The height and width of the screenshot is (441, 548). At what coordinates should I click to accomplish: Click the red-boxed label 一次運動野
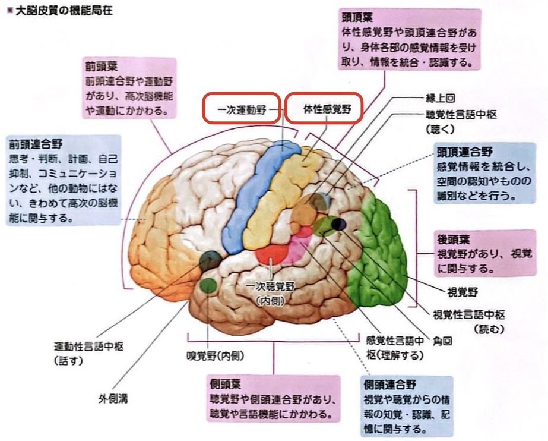pyautogui.click(x=240, y=109)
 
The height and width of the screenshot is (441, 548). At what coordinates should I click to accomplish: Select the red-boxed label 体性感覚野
pyautogui.click(x=323, y=109)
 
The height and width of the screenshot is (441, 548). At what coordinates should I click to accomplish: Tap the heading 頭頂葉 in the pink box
pyautogui.click(x=357, y=17)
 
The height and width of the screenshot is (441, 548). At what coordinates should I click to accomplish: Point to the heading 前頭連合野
pyautogui.click(x=31, y=144)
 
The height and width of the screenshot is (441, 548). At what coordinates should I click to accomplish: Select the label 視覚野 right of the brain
pyautogui.click(x=463, y=292)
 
